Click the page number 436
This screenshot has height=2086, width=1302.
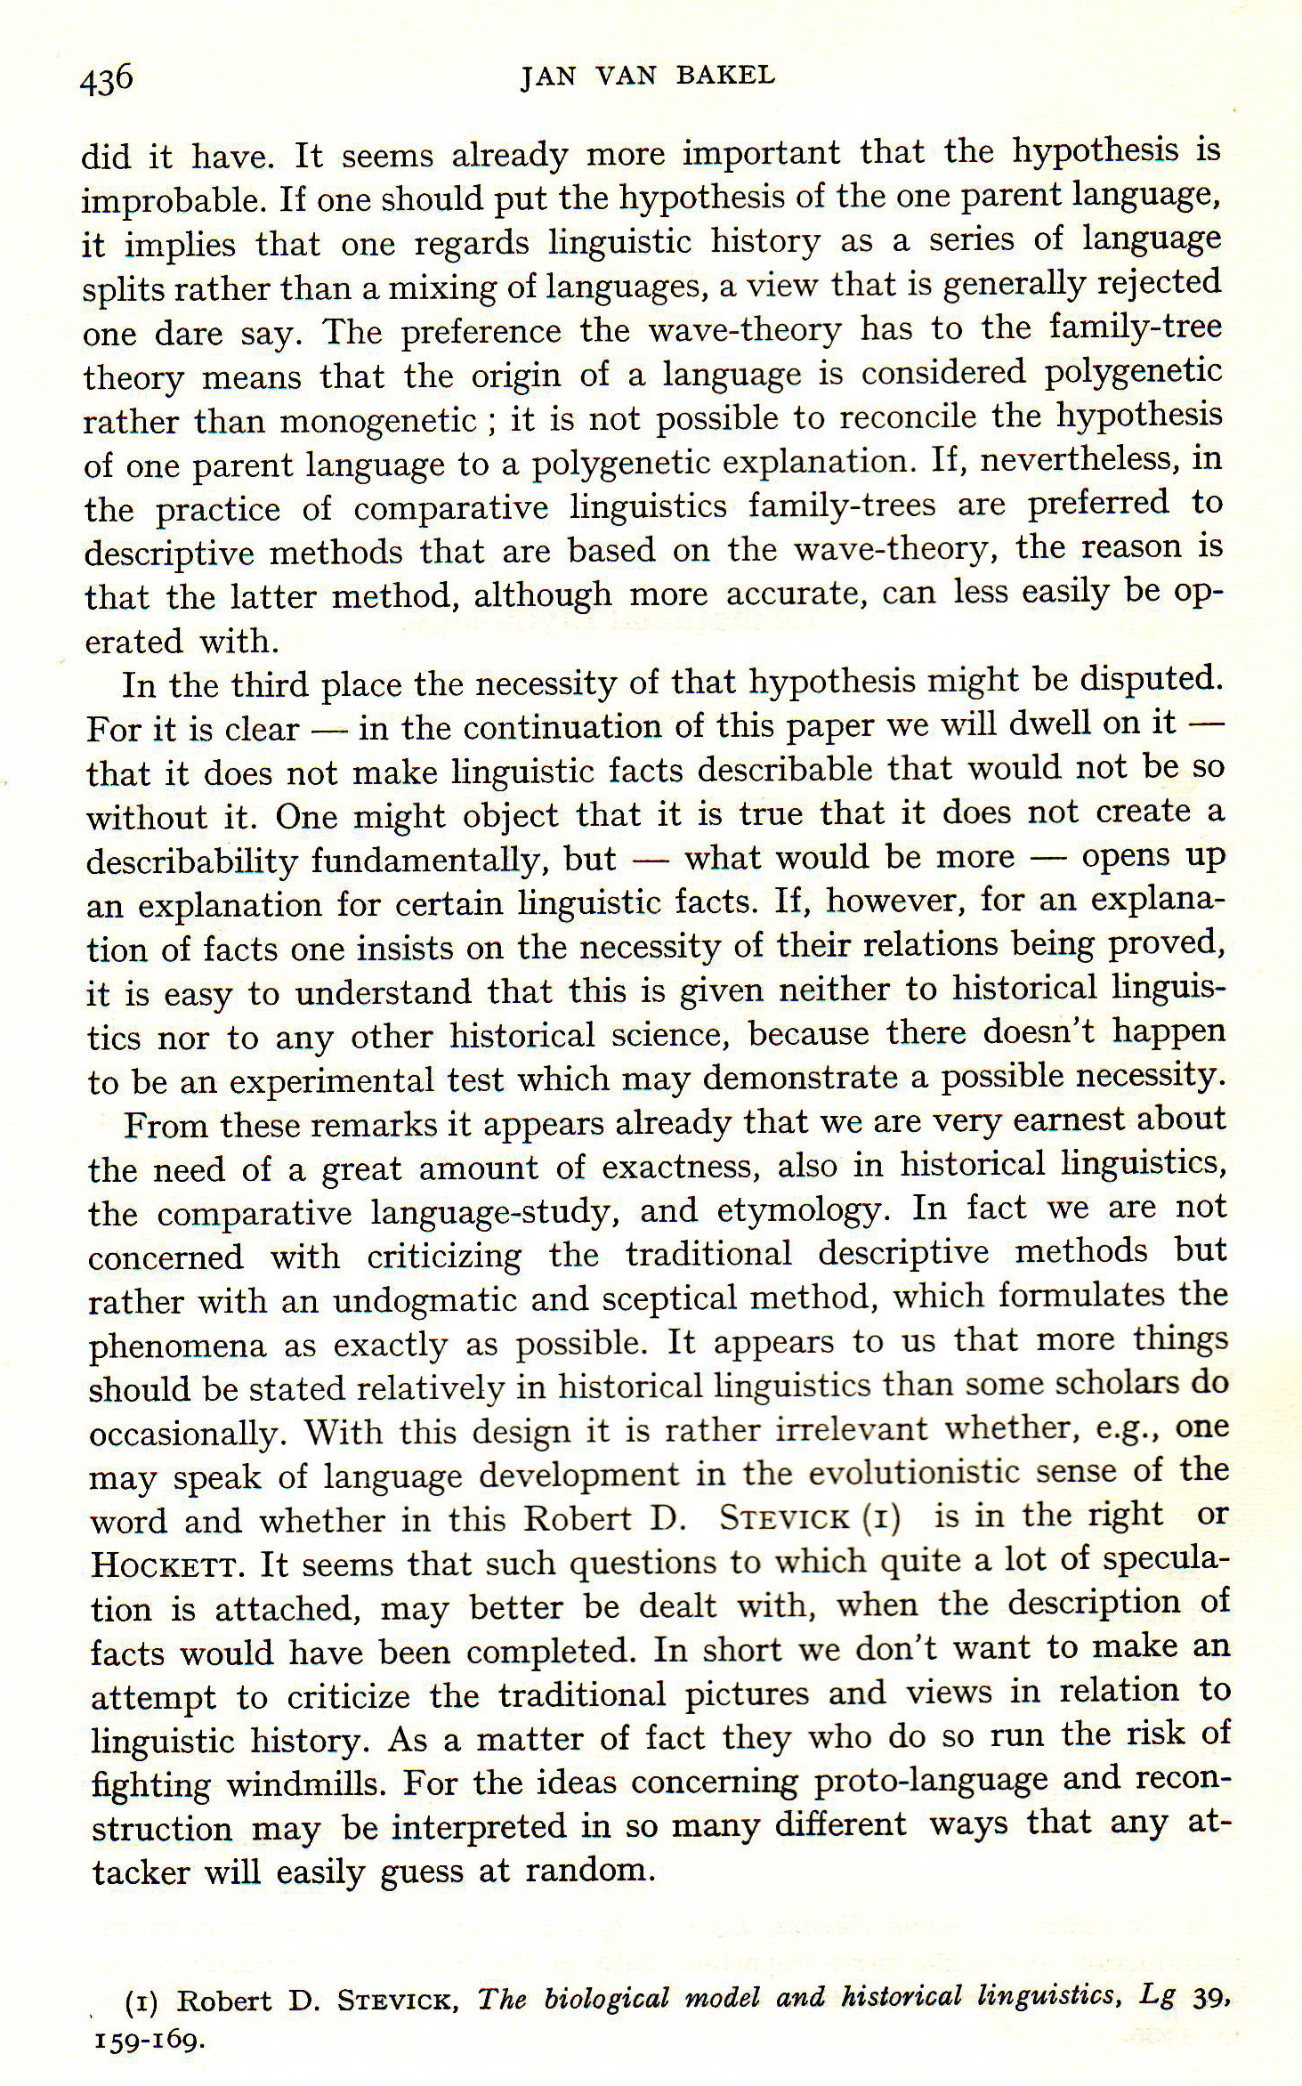click(x=106, y=80)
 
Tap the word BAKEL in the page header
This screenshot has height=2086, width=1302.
click(x=725, y=76)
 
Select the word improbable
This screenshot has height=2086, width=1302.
click(x=174, y=200)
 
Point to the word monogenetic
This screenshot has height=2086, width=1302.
click(x=378, y=420)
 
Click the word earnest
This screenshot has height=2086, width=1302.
click(x=1066, y=1120)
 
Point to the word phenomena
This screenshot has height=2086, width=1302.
click(x=177, y=1346)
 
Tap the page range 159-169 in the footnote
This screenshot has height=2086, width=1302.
click(x=149, y=2040)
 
